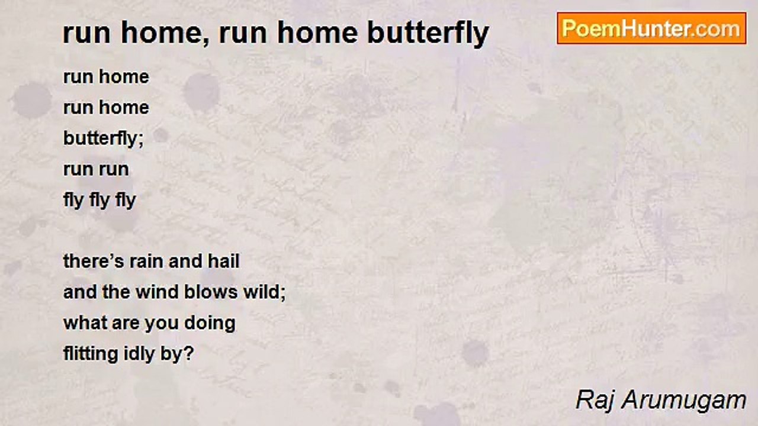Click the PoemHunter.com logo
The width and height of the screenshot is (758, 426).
click(x=651, y=28)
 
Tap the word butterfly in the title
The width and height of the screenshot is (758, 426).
click(x=428, y=33)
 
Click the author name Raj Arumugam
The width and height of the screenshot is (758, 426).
click(x=660, y=401)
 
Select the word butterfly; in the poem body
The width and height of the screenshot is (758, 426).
click(x=104, y=138)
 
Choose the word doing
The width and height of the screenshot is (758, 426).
click(x=210, y=323)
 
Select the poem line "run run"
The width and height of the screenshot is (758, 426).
click(x=96, y=169)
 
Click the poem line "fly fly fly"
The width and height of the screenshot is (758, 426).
click(x=99, y=200)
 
